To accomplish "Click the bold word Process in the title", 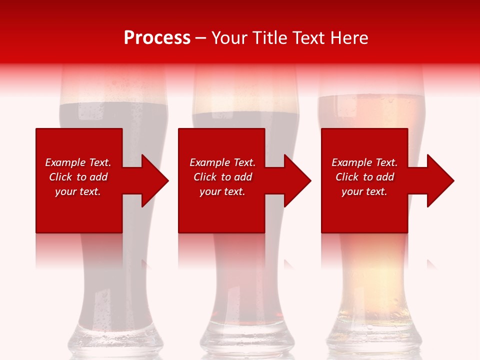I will point(157,37).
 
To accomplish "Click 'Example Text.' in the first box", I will point(78,162).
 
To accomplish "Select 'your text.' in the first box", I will point(78,191).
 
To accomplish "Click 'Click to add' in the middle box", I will point(222,177).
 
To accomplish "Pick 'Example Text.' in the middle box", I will point(222,162).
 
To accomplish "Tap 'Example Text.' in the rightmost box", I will point(364,162).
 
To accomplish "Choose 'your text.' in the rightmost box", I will point(364,191).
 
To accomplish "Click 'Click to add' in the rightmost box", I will point(364,177).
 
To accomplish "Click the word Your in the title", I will point(229,37).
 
